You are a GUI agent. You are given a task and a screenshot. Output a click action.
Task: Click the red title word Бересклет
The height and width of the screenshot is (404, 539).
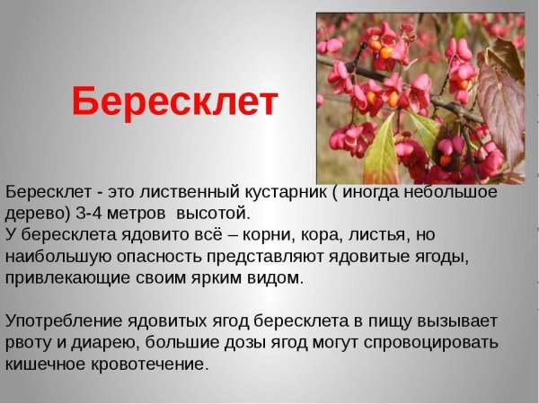pos(174,102)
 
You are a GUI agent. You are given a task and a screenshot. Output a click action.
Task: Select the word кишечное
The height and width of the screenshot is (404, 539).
pos(44,364)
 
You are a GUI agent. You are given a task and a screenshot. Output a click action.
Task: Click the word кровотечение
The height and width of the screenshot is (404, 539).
pos(151,364)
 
